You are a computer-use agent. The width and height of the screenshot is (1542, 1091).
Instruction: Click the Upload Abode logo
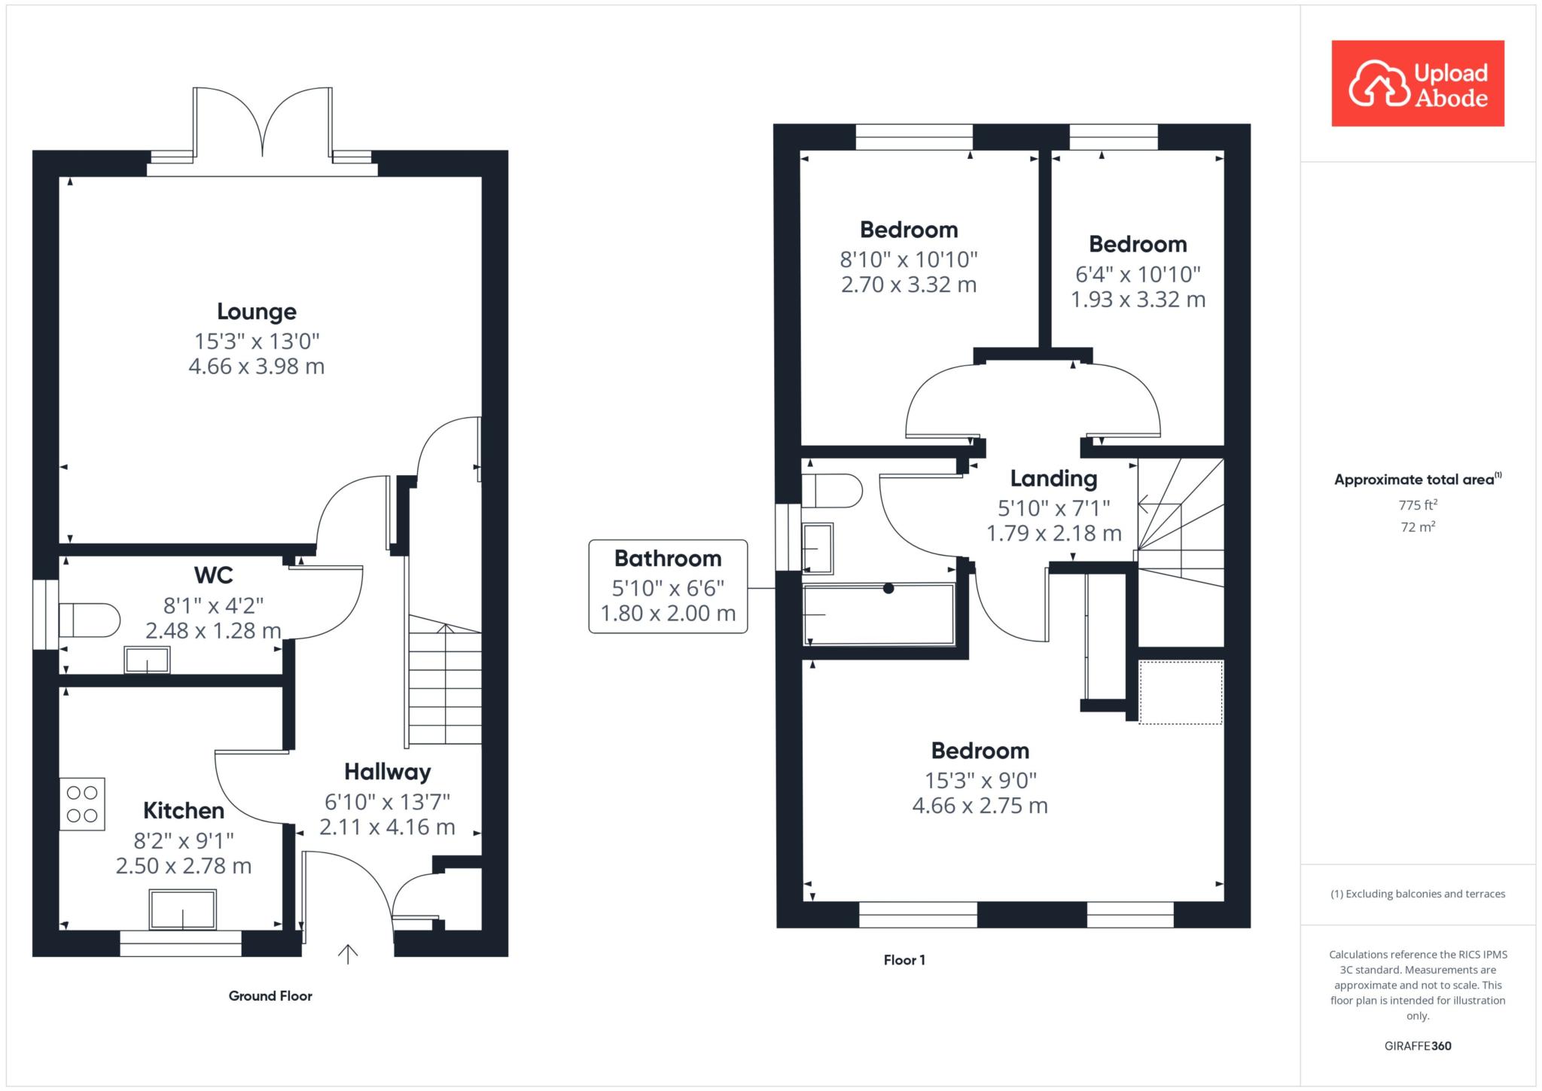(1418, 84)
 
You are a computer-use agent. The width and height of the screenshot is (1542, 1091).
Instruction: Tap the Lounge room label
(257, 312)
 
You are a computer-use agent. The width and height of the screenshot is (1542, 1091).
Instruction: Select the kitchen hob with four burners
(82, 804)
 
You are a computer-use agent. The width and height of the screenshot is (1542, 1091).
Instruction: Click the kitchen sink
(183, 910)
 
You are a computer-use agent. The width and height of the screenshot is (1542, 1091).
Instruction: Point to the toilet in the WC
(90, 620)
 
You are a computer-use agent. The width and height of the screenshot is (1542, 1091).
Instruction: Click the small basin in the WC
(147, 660)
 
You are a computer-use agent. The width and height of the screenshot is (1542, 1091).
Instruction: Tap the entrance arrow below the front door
(347, 954)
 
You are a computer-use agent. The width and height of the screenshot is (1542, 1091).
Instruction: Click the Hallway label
(388, 772)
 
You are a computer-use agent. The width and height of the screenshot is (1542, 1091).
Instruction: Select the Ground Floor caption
(270, 996)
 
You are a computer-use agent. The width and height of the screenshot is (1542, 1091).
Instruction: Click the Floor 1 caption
(904, 960)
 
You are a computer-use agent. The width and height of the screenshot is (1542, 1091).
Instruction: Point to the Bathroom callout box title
(668, 559)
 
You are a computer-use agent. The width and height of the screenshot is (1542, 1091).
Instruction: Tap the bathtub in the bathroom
(879, 614)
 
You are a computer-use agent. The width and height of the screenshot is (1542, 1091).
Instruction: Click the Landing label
(1053, 479)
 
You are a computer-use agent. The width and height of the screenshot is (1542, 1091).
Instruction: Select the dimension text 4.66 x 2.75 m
(980, 806)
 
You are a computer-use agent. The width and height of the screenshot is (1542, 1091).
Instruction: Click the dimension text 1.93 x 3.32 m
(1138, 300)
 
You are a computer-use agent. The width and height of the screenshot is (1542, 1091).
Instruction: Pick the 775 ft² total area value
(1418, 505)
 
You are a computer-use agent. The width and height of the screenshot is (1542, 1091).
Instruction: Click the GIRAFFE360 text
(1418, 1046)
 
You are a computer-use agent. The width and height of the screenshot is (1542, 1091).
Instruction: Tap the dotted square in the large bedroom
(1181, 693)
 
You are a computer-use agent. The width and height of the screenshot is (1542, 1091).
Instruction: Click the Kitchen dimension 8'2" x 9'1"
(184, 840)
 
